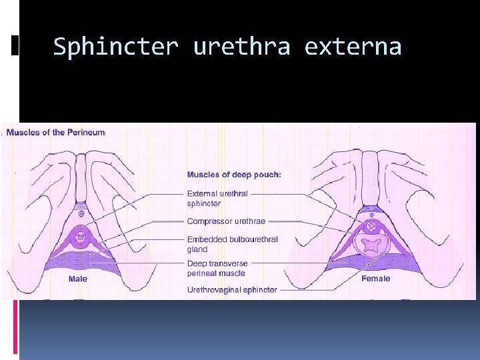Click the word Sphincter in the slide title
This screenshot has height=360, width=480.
coord(116,47)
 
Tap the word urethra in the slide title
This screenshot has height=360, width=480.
coord(241,47)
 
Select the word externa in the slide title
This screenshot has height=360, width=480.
coord(353,47)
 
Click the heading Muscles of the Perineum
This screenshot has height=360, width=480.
coord(55,132)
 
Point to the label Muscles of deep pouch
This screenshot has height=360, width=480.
coord(234,175)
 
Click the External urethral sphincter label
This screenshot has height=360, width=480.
coord(217,199)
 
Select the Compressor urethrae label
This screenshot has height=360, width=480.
coord(226,221)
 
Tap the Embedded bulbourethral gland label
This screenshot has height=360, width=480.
coord(232,244)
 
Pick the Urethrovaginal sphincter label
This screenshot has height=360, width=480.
coord(232,290)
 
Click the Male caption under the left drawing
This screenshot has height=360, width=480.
coord(78,279)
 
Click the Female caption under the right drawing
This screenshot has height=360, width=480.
coord(375,279)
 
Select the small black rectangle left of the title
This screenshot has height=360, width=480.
coord(15,45)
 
